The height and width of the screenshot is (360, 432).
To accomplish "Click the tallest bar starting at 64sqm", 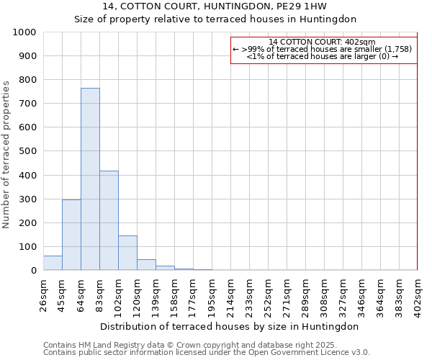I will tap(90, 179).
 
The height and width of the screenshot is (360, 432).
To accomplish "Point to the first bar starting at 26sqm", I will tap(53, 263).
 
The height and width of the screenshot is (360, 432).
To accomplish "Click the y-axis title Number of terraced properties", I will tap(6, 154).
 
